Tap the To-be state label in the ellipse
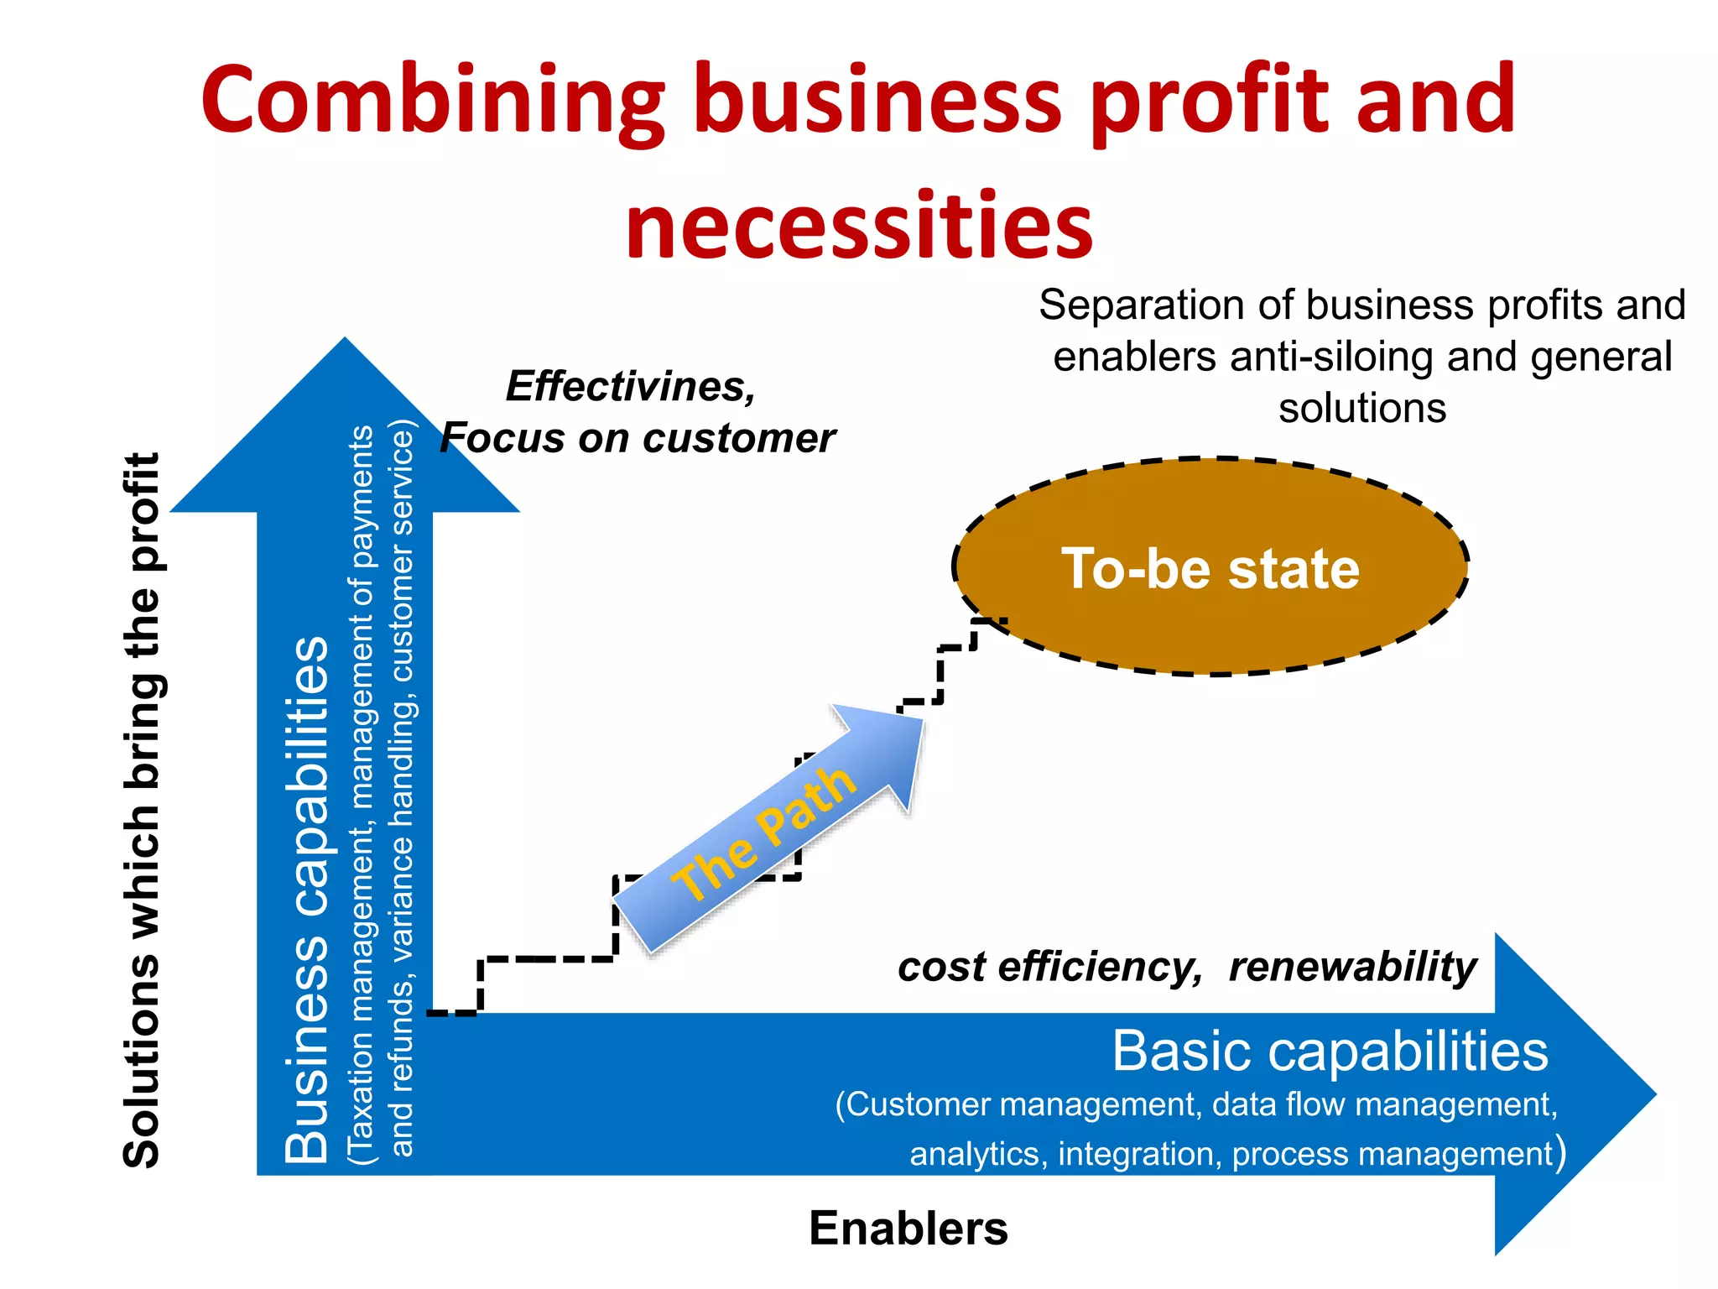[1210, 569]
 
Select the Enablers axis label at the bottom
[908, 1229]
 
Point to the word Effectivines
[630, 387]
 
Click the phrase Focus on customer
[638, 438]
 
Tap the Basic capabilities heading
[1330, 1051]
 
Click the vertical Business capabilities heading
[306, 898]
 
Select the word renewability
[1351, 967]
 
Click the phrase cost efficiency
[1049, 967]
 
